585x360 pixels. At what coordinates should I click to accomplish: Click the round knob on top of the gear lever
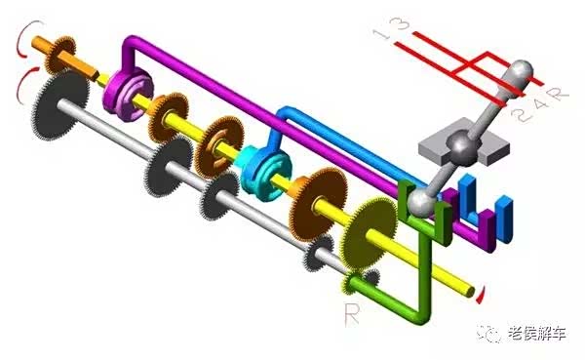click(522, 70)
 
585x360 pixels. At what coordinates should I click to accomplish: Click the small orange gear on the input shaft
click(60, 55)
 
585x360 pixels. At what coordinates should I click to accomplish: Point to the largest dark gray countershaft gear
click(61, 105)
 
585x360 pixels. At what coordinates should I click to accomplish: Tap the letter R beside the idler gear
click(352, 315)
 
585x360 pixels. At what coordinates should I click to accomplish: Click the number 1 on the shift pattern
click(381, 34)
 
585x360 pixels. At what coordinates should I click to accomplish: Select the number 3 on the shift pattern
click(401, 23)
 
